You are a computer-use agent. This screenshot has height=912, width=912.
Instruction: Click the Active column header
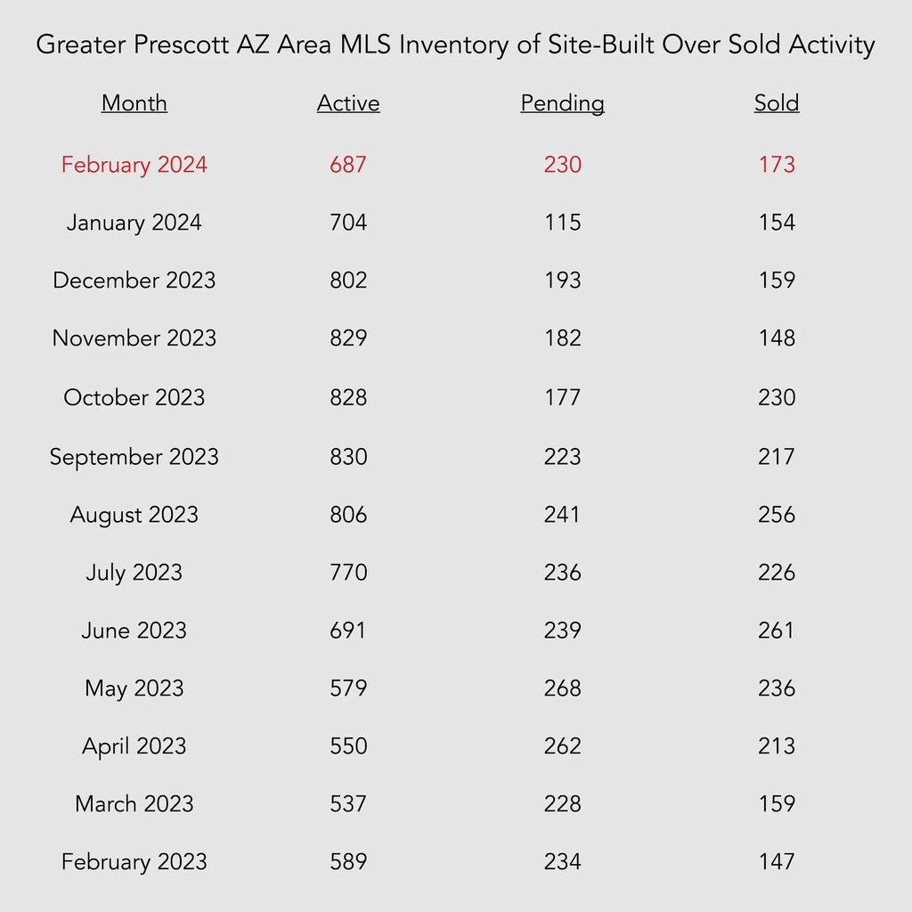point(348,103)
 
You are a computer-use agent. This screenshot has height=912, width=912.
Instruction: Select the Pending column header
point(563,104)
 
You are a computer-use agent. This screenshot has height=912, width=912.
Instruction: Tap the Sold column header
point(777,103)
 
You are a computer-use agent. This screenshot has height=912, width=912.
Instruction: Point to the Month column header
point(134,103)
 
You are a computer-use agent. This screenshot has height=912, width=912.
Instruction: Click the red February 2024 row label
point(134,165)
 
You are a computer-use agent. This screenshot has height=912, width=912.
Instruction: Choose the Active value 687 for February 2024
point(348,165)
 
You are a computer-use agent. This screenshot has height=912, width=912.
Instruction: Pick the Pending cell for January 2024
point(563,222)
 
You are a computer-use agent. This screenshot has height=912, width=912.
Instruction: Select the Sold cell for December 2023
point(777,280)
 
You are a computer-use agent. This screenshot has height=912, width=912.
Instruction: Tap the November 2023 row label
point(134,338)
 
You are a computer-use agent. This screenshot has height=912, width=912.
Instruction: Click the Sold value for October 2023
point(777,397)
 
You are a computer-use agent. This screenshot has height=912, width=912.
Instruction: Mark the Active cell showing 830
point(348,457)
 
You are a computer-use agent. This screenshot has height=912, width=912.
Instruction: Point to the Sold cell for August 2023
point(777,514)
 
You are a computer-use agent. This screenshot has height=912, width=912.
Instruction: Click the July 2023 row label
point(134,573)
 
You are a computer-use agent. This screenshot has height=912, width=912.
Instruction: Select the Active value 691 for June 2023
point(348,630)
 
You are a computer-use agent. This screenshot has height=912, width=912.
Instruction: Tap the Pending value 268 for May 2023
point(563,688)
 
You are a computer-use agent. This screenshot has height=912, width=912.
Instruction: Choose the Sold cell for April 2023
point(777,745)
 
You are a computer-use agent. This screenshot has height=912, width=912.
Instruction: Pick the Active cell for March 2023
point(348,804)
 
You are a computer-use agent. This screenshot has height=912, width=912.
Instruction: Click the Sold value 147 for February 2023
point(777,861)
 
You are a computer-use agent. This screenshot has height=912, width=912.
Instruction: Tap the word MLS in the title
point(365,45)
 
